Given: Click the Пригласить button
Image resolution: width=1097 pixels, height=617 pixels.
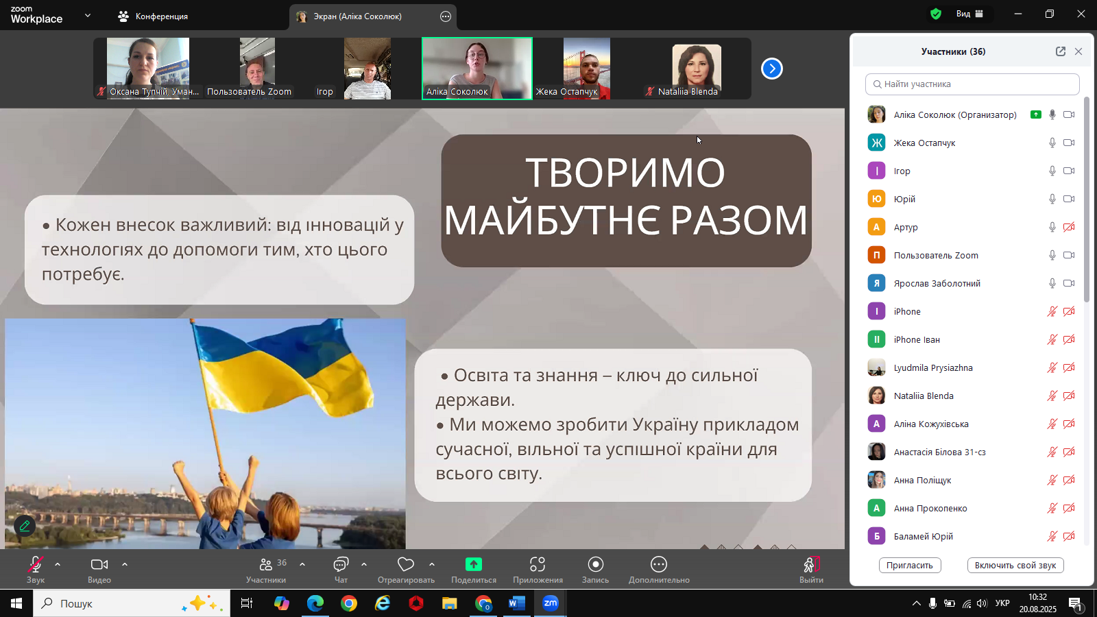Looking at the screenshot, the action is pyautogui.click(x=909, y=565).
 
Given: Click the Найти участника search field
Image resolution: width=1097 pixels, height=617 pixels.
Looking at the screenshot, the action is pyautogui.click(x=972, y=84).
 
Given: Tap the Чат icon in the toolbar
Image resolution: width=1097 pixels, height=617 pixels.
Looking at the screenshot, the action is pyautogui.click(x=341, y=565).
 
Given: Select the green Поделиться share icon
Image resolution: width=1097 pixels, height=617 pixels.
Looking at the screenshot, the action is pyautogui.click(x=474, y=565).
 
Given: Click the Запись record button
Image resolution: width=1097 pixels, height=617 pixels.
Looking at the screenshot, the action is pyautogui.click(x=596, y=565).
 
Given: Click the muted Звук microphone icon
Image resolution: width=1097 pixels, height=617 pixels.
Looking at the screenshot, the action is pyautogui.click(x=35, y=565).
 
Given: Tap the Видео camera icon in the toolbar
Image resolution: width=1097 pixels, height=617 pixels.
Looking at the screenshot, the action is pyautogui.click(x=99, y=565).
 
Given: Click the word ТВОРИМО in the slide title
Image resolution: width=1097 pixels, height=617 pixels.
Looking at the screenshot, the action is pyautogui.click(x=625, y=172).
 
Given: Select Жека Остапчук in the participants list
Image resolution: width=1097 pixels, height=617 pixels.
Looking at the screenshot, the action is pyautogui.click(x=925, y=143).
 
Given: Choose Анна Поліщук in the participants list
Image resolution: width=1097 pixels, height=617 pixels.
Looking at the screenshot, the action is pyautogui.click(x=923, y=481).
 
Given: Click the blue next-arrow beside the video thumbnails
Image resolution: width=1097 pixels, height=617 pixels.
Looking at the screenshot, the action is pyautogui.click(x=772, y=69).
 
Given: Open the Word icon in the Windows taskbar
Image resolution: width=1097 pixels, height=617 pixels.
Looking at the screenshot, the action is pyautogui.click(x=517, y=603).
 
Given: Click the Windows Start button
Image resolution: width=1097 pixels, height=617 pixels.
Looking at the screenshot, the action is pyautogui.click(x=16, y=603).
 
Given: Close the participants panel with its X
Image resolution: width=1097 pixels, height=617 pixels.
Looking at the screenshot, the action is pyautogui.click(x=1078, y=51).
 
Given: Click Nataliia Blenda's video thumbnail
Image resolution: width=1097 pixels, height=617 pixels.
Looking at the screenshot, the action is pyautogui.click(x=697, y=69).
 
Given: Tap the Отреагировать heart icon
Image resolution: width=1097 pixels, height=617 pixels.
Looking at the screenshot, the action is pyautogui.click(x=405, y=565).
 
